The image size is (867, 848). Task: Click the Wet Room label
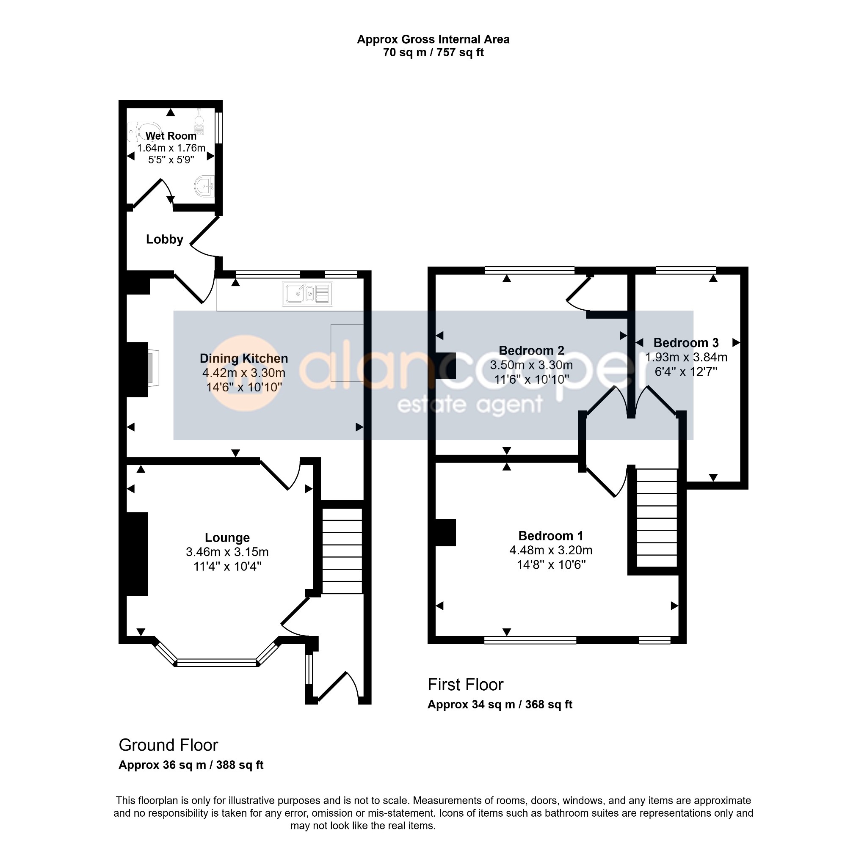coord(171,136)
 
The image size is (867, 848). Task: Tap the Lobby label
coord(165,240)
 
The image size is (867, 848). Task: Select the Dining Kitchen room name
coord(244,358)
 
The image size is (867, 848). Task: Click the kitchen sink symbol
coord(307,294)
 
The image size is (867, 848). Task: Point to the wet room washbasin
coord(205,186)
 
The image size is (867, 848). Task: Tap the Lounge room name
coord(227,537)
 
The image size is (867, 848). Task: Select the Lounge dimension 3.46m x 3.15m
coord(227,552)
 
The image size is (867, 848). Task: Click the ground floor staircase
coord(342,551)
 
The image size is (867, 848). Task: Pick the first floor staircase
coord(657,518)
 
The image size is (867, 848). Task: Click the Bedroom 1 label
coord(551,535)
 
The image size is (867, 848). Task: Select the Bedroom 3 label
coord(686,343)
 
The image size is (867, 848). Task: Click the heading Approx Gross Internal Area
coord(433,40)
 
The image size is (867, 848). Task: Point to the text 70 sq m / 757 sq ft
coord(433,52)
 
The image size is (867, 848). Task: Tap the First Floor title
coord(466,685)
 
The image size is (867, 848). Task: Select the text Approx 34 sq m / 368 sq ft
coord(500,705)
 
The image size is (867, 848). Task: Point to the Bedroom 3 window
coord(686,270)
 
